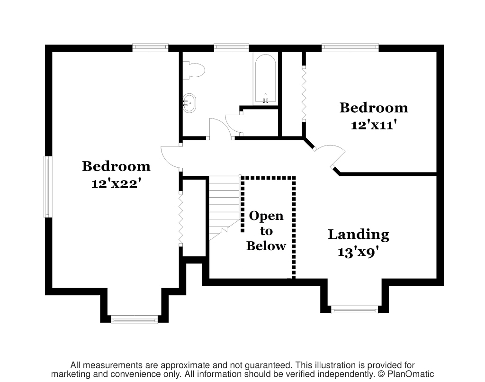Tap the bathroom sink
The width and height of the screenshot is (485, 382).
189,103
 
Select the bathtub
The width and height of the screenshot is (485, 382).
265,79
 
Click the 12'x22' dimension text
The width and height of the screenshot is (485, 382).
117,184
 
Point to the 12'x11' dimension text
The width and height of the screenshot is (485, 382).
374,125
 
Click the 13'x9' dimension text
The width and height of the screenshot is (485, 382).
359,252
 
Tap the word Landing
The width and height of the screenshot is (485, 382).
359,235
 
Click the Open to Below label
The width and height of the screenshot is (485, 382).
266,231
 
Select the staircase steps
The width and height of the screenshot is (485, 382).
225,208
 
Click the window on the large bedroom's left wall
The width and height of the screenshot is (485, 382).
47,187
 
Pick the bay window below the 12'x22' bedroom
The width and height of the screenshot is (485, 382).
134,319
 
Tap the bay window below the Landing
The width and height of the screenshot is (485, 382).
354,309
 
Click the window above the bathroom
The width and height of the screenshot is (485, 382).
231,47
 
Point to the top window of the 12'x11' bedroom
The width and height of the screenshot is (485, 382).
350,47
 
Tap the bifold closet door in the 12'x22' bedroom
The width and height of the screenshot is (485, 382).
180,219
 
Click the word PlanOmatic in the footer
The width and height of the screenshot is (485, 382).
411,374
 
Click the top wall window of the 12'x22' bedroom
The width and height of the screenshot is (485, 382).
151,47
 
